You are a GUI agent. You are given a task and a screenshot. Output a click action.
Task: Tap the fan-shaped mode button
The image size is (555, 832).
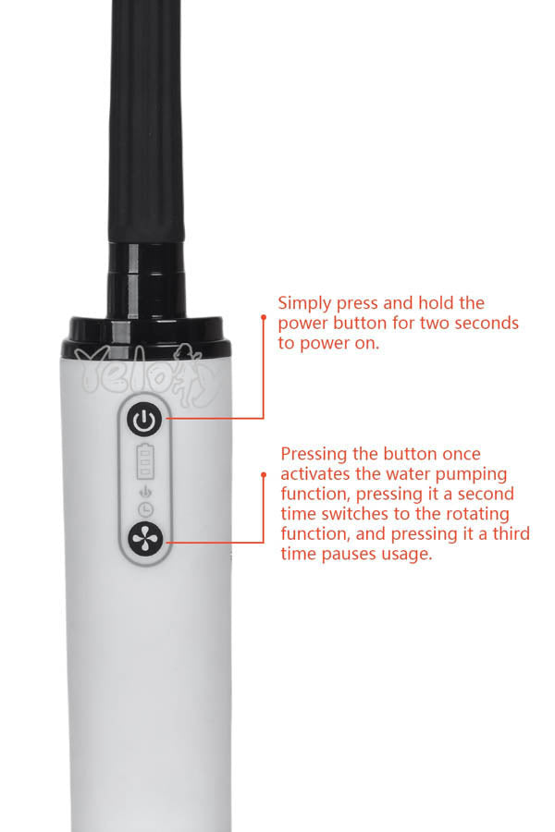(145, 539)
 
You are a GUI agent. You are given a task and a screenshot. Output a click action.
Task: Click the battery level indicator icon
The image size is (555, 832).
(145, 461)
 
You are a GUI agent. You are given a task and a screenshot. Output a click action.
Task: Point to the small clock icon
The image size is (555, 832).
(145, 509)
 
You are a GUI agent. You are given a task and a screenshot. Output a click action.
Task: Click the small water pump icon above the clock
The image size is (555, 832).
(145, 492)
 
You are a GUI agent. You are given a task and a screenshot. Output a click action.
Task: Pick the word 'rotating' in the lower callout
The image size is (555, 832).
(477, 515)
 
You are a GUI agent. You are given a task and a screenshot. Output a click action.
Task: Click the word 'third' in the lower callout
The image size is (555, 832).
(511, 533)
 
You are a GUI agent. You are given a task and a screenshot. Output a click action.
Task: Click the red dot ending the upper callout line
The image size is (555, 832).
(264, 317)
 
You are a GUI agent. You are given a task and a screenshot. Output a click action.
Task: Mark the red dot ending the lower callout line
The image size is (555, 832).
(264, 474)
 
